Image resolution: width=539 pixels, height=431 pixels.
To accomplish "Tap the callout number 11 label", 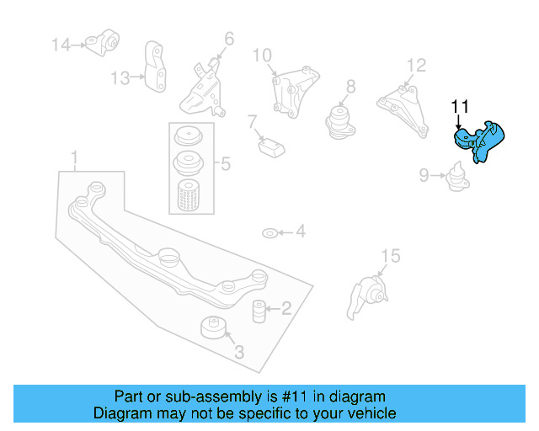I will click(459, 107).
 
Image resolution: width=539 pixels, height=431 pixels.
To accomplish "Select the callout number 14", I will click(61, 44).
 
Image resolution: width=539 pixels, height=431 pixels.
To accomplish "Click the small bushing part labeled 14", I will click(107, 41).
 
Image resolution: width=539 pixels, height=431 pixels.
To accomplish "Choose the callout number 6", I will click(228, 38).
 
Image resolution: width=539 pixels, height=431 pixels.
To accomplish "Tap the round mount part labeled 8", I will click(339, 120).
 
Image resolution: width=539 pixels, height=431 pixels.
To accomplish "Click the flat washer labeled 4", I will click(269, 231).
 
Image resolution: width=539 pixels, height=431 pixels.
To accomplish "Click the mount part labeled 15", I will click(366, 298).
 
